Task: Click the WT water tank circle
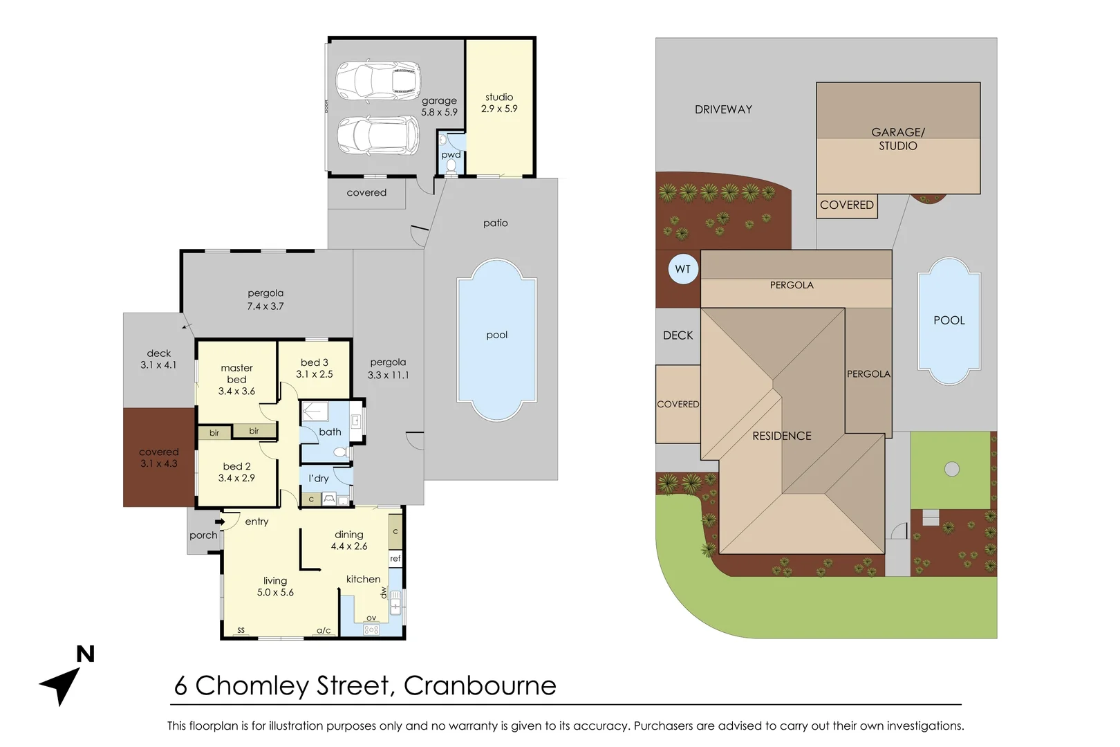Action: [683, 269]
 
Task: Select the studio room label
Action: [499, 98]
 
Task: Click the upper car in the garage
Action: [378, 80]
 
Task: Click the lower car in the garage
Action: [378, 136]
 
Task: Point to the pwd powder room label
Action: [451, 155]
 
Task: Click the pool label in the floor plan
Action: [496, 335]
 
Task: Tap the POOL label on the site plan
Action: [949, 320]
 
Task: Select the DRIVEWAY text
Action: [723, 109]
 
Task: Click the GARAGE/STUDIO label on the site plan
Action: [897, 139]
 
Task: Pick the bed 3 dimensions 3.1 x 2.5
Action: [315, 374]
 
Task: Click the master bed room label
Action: [236, 373]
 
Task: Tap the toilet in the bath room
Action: [339, 452]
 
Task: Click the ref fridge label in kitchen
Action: [395, 558]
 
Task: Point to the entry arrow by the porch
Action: [219, 522]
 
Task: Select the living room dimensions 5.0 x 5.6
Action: [275, 593]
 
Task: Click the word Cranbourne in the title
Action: [480, 685]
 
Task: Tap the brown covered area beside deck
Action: [159, 458]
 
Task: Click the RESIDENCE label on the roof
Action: [782, 436]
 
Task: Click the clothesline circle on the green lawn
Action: [952, 469]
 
